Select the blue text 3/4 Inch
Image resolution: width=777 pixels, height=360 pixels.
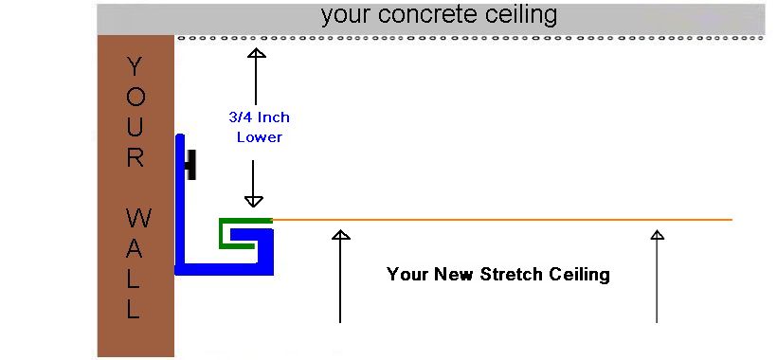coord(260,118)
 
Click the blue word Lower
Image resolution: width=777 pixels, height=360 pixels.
coord(260,136)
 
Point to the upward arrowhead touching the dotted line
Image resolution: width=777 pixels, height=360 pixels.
coord(256,53)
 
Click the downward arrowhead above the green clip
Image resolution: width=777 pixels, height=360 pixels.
coord(254,200)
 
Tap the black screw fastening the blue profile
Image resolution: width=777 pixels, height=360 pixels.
coord(190,166)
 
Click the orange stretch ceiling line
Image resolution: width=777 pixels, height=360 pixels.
coord(502,220)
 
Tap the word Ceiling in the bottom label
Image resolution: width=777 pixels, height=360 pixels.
coord(578,275)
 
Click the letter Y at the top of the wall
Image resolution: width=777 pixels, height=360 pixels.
coord(135,66)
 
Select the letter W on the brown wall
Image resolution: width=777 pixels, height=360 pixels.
coord(135,220)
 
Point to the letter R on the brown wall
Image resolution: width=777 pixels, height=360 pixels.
coord(135,158)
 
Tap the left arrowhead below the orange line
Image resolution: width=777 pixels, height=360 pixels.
coord(340,235)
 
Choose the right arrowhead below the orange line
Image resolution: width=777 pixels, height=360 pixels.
coord(657,235)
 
